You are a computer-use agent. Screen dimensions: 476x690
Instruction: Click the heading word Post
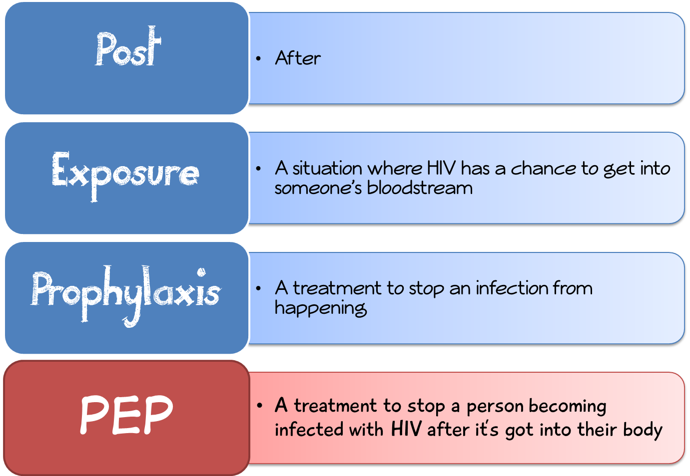[128, 48]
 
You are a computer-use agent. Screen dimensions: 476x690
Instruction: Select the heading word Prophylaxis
[125, 293]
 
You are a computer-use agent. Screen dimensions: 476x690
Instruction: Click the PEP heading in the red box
[126, 414]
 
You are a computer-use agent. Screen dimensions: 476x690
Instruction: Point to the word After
[298, 58]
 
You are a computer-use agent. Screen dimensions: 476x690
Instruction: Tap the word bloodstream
[420, 188]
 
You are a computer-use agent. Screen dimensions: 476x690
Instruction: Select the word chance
[544, 169]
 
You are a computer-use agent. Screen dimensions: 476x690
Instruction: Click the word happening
[321, 308]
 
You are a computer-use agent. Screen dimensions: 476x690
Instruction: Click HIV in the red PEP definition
[406, 429]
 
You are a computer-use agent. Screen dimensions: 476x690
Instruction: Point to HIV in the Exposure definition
[442, 169]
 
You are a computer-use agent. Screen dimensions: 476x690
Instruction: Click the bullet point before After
[258, 59]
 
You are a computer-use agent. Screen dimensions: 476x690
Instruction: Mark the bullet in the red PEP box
[259, 406]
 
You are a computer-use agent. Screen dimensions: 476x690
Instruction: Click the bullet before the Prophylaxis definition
[258, 288]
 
